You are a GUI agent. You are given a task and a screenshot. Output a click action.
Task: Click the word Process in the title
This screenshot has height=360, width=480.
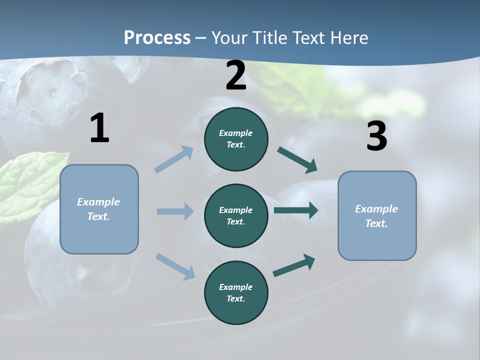pyautogui.click(x=157, y=38)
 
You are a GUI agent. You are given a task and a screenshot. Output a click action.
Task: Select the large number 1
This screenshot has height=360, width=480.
pyautogui.click(x=99, y=128)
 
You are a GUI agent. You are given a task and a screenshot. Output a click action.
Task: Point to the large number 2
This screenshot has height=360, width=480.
pyautogui.click(x=236, y=75)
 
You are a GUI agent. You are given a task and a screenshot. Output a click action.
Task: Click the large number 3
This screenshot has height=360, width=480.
pyautogui.click(x=376, y=136)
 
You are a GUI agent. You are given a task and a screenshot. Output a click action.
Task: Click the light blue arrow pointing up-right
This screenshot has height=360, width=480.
pyautogui.click(x=173, y=159)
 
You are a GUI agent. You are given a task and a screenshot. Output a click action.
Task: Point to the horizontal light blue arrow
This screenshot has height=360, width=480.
pyautogui.click(x=174, y=211)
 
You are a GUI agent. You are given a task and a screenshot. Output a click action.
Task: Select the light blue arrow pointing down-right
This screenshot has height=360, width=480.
pyautogui.click(x=175, y=266)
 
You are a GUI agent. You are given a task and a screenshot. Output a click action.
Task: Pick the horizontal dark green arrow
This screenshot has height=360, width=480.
pyautogui.click(x=295, y=210)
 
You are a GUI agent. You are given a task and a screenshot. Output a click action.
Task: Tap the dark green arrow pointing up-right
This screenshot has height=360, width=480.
pyautogui.click(x=294, y=265)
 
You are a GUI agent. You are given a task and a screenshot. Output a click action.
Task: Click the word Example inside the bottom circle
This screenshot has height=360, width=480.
pyautogui.click(x=236, y=287)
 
